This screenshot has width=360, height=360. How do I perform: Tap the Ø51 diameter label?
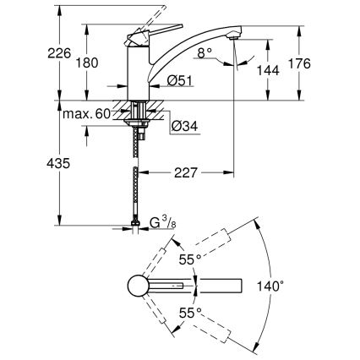tap(180, 81)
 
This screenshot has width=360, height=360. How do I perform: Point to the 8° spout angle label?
tap(204, 52)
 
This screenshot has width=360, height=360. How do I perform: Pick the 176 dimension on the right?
tap(325, 63)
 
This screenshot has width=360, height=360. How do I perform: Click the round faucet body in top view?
tap(137, 286)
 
